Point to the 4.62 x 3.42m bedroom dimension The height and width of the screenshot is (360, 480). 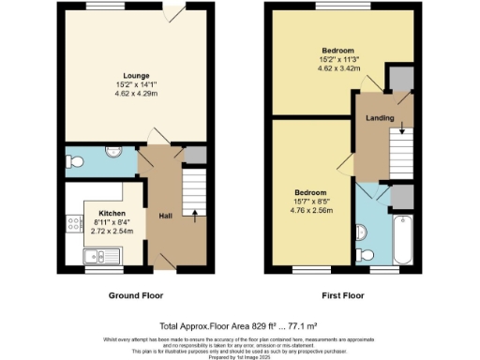(337, 68)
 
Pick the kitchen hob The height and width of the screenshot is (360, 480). (71, 223)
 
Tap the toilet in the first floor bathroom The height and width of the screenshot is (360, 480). (367, 254)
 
